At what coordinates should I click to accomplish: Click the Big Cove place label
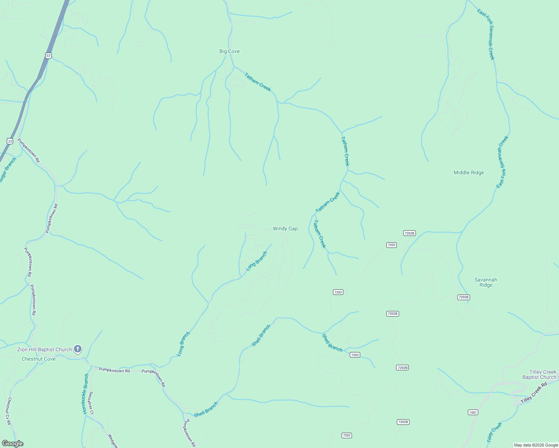[x=229, y=51]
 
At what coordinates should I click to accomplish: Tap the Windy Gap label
[x=285, y=228]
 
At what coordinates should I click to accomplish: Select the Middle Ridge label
[x=469, y=172]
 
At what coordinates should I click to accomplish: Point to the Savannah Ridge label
[x=486, y=282]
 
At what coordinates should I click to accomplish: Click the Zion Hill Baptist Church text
[x=44, y=349]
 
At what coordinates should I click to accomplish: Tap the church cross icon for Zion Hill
[x=78, y=349]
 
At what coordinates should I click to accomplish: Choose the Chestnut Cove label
[x=38, y=359]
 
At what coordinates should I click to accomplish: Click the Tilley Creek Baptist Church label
[x=539, y=374]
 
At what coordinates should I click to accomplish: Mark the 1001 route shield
[x=473, y=412]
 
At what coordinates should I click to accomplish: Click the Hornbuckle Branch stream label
[x=85, y=394]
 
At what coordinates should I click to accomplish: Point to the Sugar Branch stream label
[x=8, y=170]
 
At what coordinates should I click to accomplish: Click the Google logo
[x=12, y=444]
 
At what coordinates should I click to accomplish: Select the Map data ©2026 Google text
[x=536, y=445]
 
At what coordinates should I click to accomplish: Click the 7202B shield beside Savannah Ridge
[x=463, y=297]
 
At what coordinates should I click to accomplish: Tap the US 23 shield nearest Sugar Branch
[x=10, y=141]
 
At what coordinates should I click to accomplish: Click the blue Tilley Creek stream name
[x=494, y=432]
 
